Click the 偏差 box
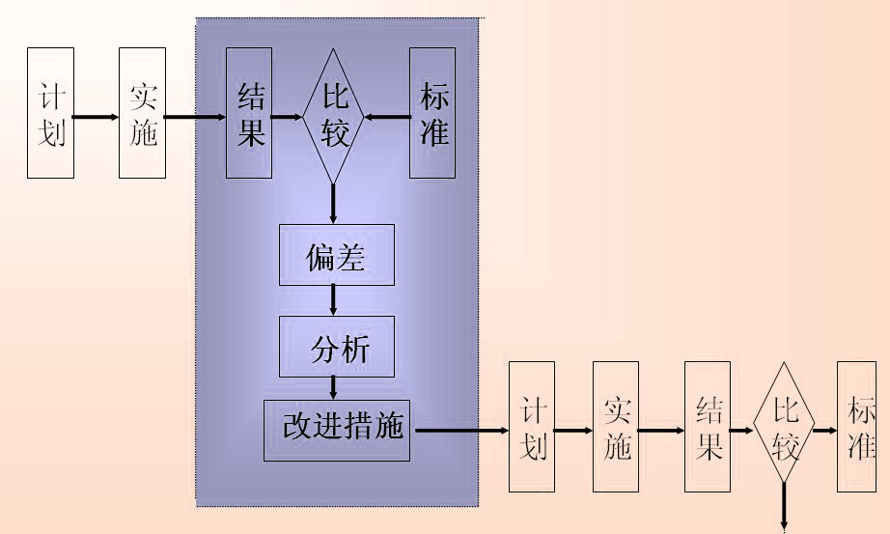tap(336, 256)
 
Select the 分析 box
tap(336, 346)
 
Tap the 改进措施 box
tap(337, 429)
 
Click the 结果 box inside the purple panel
tap(249, 113)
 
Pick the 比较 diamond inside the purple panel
tap(333, 115)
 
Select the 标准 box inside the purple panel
tap(432, 113)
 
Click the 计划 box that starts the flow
tap(50, 114)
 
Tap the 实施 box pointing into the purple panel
tap(142, 114)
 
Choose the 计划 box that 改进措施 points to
tap(532, 426)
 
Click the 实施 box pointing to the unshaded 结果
tap(616, 426)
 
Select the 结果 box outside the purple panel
tap(708, 426)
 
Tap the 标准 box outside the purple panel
tap(857, 426)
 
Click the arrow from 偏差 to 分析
tap(334, 300)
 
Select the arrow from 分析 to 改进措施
tap(334, 387)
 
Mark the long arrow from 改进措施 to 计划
tap(459, 429)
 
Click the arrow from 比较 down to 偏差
tap(333, 204)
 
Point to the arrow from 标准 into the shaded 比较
tap(386, 118)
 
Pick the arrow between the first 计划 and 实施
tap(96, 118)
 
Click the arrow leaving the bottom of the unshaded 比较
tap(784, 507)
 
